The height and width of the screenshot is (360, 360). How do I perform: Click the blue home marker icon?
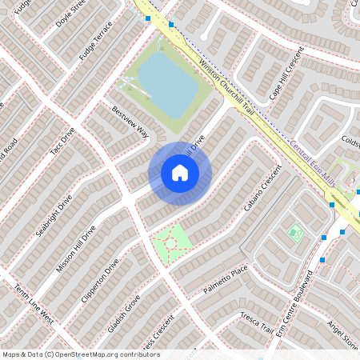pos(180,173)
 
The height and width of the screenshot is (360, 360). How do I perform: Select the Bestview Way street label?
pos(130,121)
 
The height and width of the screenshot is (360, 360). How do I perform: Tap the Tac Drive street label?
pos(62,141)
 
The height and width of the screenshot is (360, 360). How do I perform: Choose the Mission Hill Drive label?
pos(76,249)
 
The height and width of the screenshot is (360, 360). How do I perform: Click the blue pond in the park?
pos(168,84)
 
